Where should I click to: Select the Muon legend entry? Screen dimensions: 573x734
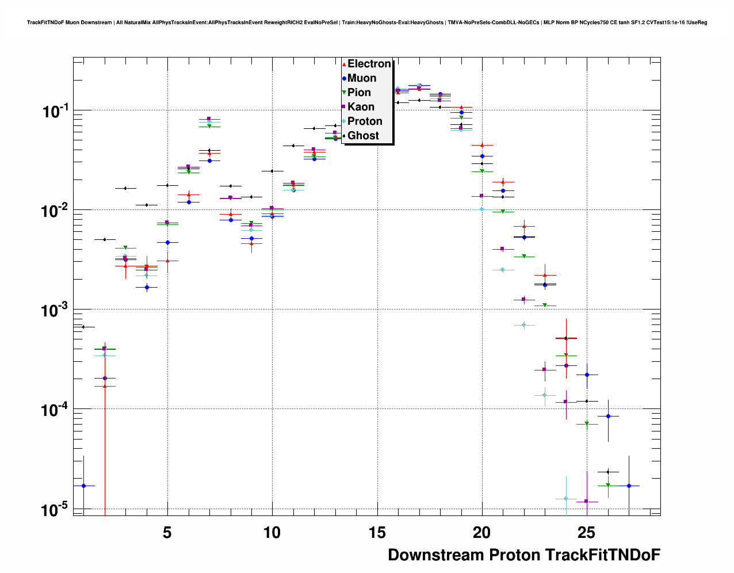[x=361, y=78]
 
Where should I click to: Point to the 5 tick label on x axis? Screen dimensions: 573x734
[x=167, y=533]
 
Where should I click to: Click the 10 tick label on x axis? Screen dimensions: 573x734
[x=272, y=533]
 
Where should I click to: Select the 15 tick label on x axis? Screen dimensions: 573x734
[x=377, y=533]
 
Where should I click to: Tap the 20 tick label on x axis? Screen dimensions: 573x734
[x=482, y=533]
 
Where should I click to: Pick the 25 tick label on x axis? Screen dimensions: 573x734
[x=587, y=533]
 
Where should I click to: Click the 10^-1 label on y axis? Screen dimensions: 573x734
[x=55, y=111]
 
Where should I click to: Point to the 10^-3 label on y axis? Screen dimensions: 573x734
[x=55, y=311]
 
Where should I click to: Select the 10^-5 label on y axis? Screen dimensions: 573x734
[x=55, y=510]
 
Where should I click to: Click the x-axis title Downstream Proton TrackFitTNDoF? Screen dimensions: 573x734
[x=524, y=555]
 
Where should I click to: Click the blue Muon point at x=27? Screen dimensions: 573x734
[x=629, y=486]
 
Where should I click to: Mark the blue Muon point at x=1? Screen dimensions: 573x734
[x=83, y=486]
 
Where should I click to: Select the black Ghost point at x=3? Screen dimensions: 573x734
[x=125, y=188]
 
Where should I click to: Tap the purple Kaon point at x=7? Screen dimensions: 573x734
[x=209, y=119]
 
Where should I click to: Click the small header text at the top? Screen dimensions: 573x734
[x=367, y=22]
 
